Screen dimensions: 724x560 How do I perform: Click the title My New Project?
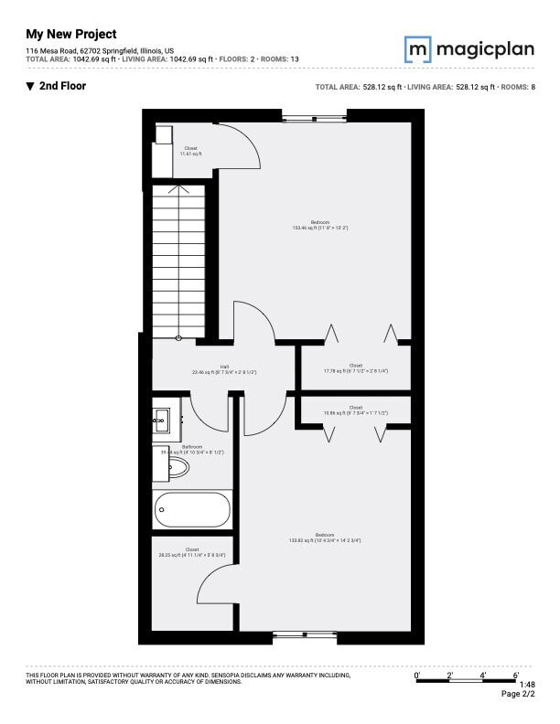tap(71, 34)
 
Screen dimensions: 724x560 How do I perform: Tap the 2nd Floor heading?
tap(63, 86)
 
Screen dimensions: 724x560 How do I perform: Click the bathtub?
tap(192, 508)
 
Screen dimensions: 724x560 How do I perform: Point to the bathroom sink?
tap(162, 421)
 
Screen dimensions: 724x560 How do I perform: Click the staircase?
tap(178, 261)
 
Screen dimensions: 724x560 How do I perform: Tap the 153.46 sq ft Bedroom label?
tap(320, 225)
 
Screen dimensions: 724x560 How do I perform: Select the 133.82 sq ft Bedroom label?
tap(325, 538)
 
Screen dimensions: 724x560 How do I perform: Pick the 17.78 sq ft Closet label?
tap(355, 367)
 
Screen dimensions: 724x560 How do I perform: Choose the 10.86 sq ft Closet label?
tap(355, 410)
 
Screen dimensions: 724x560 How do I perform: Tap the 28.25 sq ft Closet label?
tap(192, 552)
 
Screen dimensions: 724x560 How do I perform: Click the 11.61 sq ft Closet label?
tap(190, 151)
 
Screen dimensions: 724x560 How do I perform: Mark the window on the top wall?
tap(314, 115)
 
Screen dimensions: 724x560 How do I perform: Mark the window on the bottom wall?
tap(305, 634)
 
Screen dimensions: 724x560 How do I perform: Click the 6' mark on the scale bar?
tap(516, 676)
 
